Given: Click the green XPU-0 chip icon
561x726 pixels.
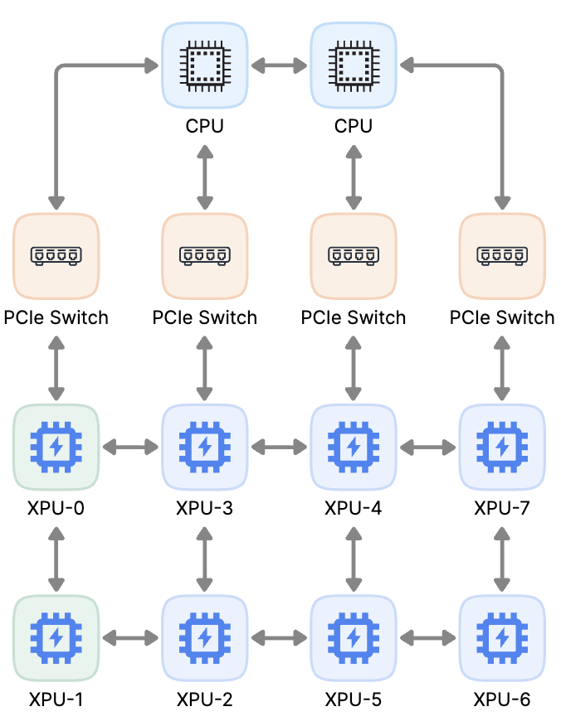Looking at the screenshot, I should [x=56, y=447].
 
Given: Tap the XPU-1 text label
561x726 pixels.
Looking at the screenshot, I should [x=56, y=699].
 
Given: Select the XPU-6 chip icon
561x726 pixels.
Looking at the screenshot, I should [x=501, y=637].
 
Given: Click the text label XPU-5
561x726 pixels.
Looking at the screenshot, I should [x=354, y=699].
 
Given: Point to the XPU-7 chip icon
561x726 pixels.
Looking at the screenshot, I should [x=501, y=447].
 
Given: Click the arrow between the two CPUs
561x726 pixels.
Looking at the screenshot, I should [x=279, y=65].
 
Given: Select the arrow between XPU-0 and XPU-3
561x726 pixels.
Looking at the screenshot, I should [x=130, y=448].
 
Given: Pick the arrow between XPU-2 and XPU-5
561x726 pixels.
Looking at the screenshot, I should [x=279, y=638].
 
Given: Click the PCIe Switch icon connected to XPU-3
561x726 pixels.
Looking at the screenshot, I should [x=204, y=256].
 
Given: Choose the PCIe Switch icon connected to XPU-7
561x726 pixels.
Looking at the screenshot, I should [x=501, y=256].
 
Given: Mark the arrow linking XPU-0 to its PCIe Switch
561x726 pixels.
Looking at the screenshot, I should [x=56, y=367].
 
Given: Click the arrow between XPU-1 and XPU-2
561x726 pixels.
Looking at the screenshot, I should [x=130, y=638].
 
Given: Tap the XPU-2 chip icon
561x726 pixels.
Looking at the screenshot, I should [x=204, y=637].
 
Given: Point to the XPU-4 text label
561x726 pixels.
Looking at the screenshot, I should [x=354, y=508].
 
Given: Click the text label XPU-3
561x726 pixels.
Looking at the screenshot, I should [x=204, y=508].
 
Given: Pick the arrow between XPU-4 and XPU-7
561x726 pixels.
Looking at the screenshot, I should [x=427, y=448].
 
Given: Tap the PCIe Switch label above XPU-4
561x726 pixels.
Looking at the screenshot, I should [x=354, y=317].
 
